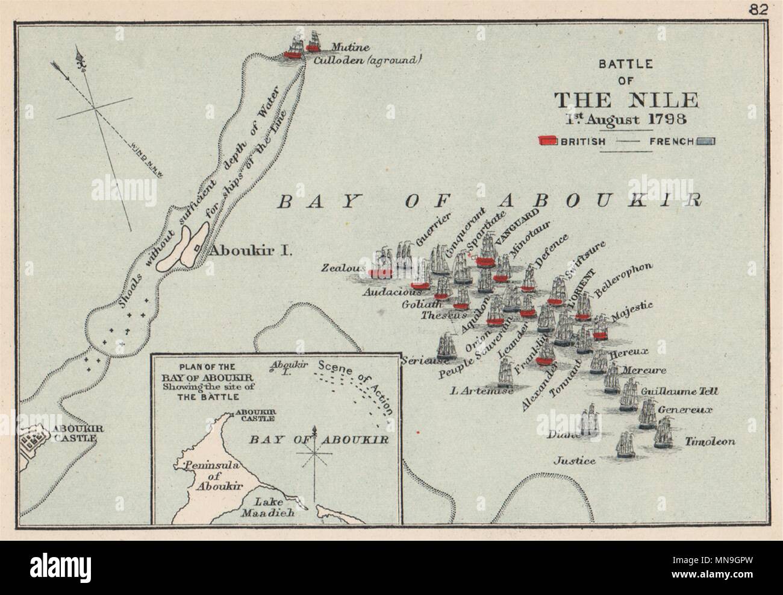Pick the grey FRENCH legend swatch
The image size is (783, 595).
(706, 142)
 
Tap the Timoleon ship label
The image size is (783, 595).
(710, 441)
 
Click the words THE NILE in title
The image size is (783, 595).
(626, 99)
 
